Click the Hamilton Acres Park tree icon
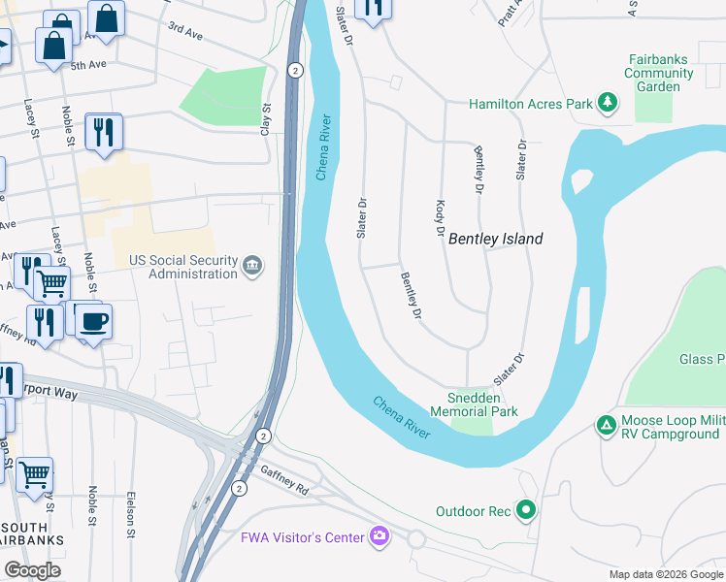pos(608,103)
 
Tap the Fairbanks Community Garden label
pos(659,73)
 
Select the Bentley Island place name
pos(495,239)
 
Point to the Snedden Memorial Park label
pos(482,404)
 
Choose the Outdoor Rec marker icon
pos(526,509)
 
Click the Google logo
pos(33,570)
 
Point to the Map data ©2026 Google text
pos(665,574)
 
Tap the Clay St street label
pos(264,118)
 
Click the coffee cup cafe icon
pos(93,322)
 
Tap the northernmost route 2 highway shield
pos(295,69)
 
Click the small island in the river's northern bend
pos(582,181)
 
